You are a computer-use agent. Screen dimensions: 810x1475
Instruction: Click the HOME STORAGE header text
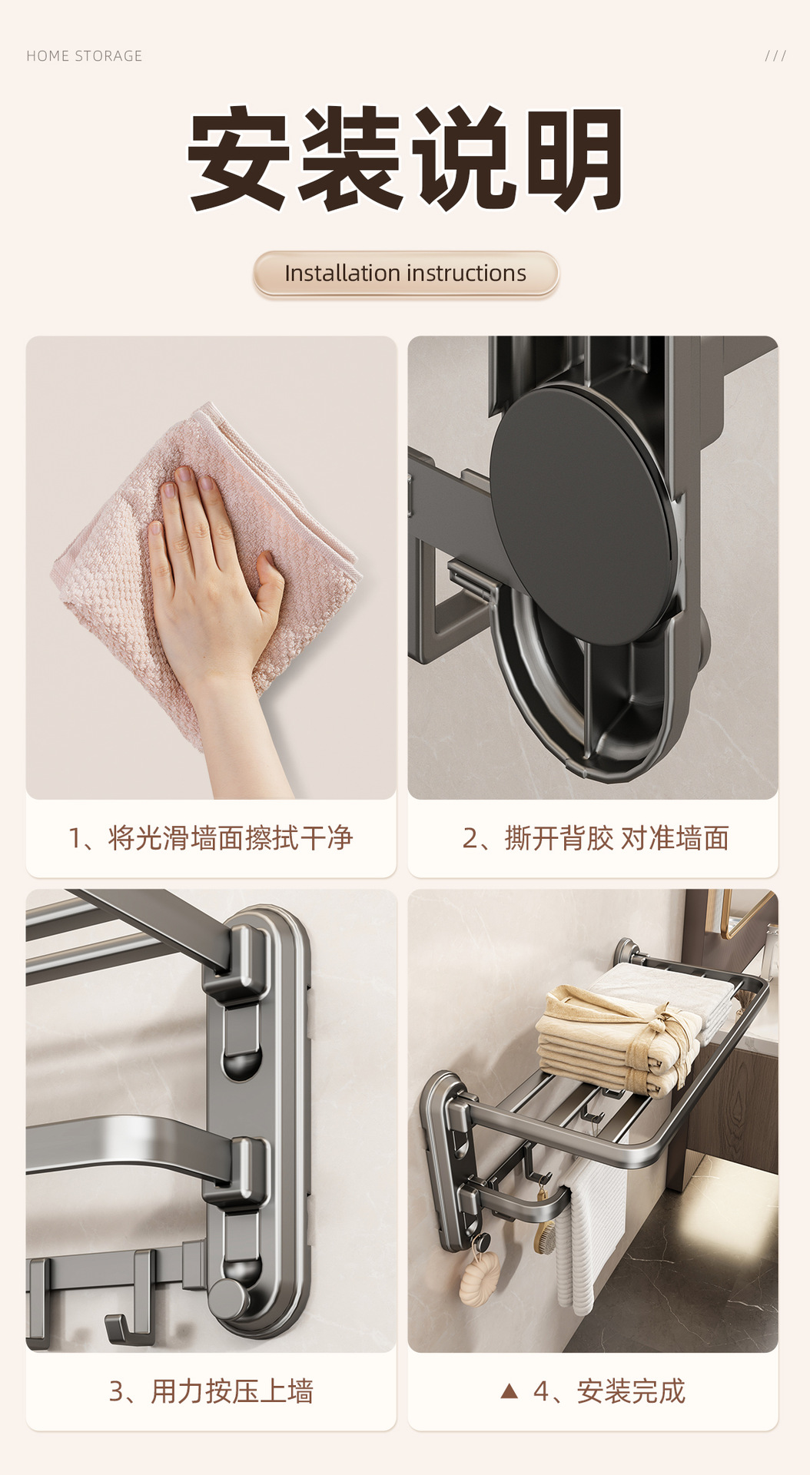click(85, 56)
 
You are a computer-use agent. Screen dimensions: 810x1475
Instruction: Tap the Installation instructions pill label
click(406, 273)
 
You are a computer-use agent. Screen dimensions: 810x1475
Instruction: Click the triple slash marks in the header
click(775, 56)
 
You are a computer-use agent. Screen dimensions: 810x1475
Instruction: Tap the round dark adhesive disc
click(584, 515)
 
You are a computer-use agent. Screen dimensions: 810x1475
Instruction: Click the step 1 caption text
click(210, 838)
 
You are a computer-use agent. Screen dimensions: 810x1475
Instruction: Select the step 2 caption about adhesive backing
click(596, 838)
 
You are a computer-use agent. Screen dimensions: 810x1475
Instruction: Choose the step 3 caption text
click(211, 1391)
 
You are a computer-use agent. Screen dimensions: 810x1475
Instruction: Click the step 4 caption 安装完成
click(609, 1391)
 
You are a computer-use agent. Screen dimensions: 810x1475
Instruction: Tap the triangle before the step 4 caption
click(509, 1390)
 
